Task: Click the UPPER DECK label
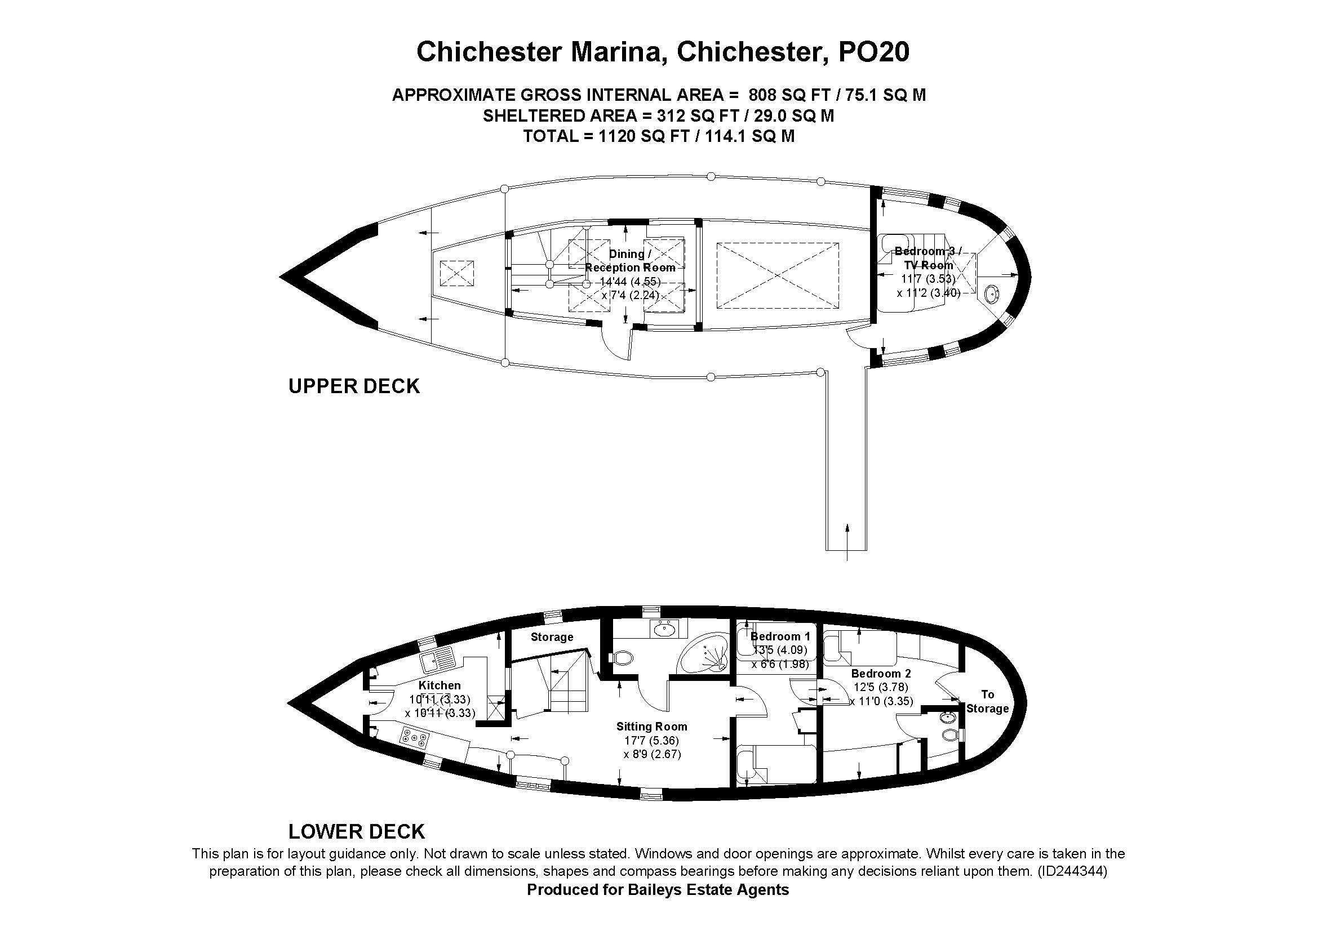pos(354,386)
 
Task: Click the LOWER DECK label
pos(356,831)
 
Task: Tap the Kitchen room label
pos(439,685)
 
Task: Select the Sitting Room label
pos(651,726)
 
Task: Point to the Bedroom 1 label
pos(780,636)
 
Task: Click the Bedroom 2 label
pos(881,674)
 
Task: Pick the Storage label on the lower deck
pos(552,637)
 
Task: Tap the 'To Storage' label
pos(987,702)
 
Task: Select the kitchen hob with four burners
pos(415,737)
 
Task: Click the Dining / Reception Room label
pos(630,260)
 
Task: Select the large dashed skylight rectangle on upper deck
pos(777,275)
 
